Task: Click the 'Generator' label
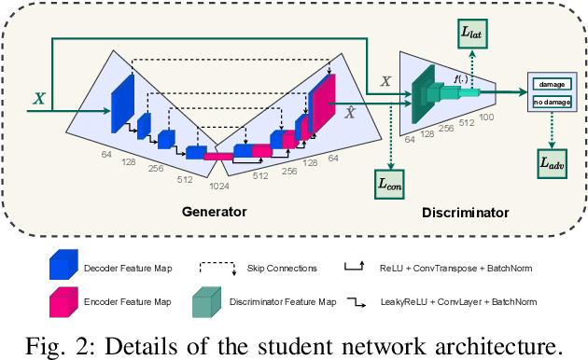click(x=214, y=213)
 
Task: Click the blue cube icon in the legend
click(x=61, y=268)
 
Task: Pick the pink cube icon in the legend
click(x=61, y=301)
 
